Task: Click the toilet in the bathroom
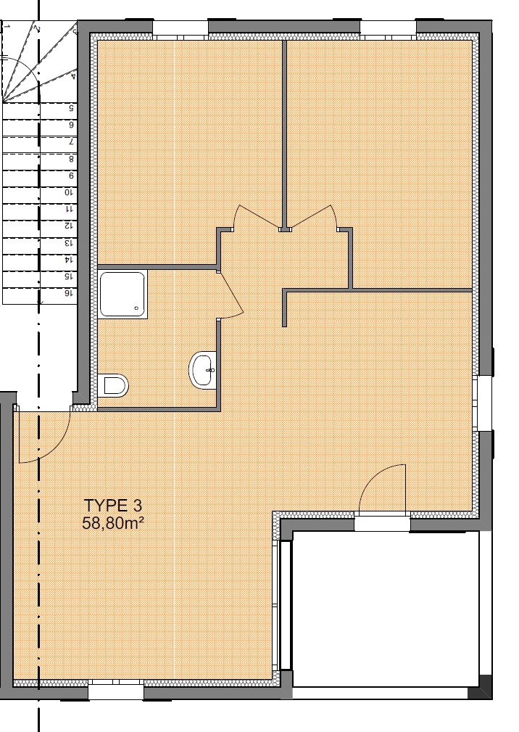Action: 114,385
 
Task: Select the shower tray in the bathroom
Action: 123,294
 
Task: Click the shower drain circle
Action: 136,308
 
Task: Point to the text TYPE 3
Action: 112,506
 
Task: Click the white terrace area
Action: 386,609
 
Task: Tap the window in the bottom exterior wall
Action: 116,689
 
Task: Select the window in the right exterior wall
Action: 483,403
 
